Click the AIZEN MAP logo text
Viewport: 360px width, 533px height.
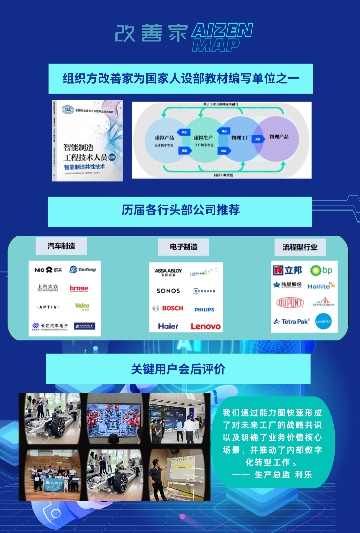click(222, 37)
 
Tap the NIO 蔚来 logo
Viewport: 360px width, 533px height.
click(48, 270)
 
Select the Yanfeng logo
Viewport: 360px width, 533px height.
click(83, 269)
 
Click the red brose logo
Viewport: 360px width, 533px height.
click(79, 288)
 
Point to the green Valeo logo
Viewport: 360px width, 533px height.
click(82, 306)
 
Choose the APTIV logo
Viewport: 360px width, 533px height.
click(48, 307)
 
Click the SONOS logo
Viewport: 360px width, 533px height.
click(168, 291)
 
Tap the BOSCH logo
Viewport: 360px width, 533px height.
click(168, 308)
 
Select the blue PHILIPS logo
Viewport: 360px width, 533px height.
click(204, 309)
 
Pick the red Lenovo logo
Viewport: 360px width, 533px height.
click(206, 326)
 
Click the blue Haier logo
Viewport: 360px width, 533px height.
click(168, 326)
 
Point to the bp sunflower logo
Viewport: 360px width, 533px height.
click(321, 270)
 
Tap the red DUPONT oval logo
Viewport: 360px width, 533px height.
click(290, 302)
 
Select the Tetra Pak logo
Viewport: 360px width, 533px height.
click(292, 321)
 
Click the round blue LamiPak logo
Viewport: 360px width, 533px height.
click(323, 321)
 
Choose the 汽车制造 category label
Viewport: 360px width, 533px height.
click(61, 246)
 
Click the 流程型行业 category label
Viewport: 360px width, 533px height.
click(300, 247)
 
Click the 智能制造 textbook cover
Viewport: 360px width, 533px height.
click(88, 141)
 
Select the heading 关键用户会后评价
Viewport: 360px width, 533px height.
click(178, 369)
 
